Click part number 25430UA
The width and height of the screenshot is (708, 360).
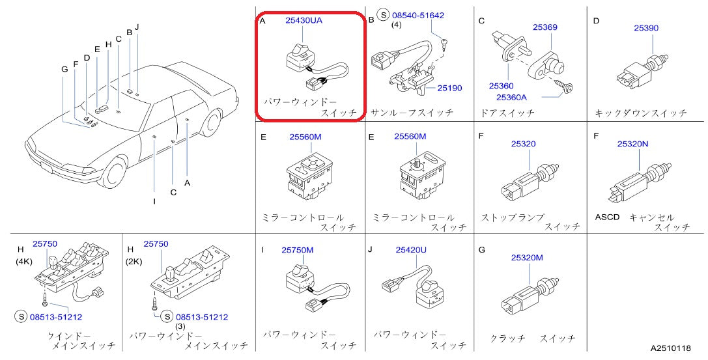coord(304,20)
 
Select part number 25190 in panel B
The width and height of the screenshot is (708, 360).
coord(449,87)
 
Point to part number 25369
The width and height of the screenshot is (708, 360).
coord(545,27)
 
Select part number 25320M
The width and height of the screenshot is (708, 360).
coord(527,258)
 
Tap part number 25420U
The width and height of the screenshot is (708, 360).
coord(410,249)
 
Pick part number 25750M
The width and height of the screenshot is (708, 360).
coord(298,250)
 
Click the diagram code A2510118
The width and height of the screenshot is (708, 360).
coord(670,349)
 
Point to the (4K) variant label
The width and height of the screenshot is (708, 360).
coord(24,262)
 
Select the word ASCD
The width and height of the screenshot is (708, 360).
coord(607,217)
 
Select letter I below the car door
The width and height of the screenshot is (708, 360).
coord(154,201)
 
